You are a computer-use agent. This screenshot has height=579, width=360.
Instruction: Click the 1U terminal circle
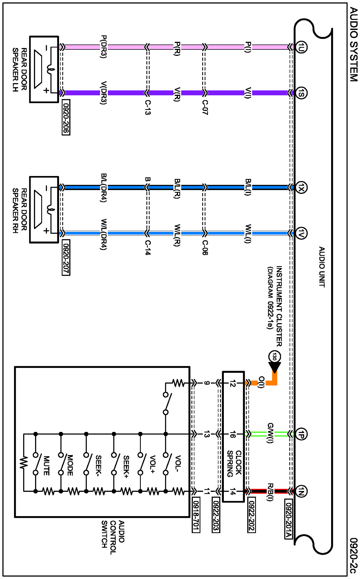(x=301, y=47)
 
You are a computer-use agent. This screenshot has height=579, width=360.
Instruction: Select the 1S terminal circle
(x=301, y=93)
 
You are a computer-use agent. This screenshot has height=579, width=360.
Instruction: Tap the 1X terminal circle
(x=301, y=187)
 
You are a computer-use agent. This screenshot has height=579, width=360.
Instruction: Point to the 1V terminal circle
(x=301, y=233)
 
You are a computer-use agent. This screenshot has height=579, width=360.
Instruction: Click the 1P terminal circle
(x=301, y=434)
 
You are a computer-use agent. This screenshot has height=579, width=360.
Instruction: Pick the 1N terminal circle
(x=301, y=491)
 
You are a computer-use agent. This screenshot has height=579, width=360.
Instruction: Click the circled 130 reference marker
(x=274, y=356)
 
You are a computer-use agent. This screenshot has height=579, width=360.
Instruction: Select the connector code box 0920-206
(x=66, y=117)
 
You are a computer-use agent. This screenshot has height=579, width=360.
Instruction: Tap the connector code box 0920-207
(x=66, y=257)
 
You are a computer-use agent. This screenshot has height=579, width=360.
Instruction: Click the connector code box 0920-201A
(x=288, y=519)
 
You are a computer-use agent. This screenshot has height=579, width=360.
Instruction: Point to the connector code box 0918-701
(x=196, y=515)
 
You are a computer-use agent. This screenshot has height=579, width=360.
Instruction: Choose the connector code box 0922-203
(x=216, y=515)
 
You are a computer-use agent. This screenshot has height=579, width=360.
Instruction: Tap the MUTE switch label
(x=46, y=465)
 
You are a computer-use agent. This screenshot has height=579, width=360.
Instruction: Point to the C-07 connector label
(x=205, y=107)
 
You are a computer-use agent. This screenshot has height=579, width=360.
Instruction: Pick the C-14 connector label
(x=148, y=248)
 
